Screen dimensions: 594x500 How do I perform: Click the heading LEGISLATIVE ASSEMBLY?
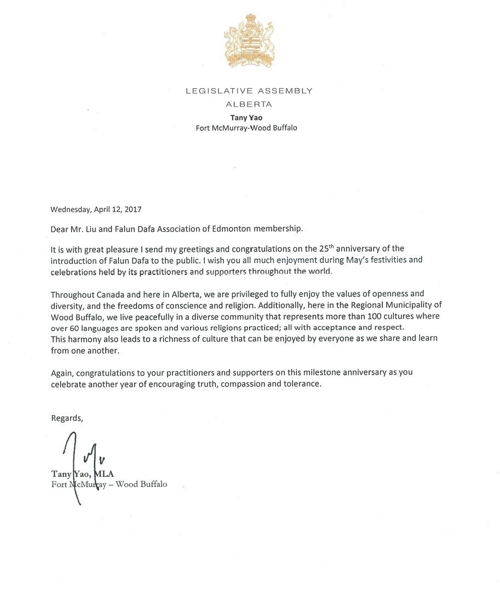249,91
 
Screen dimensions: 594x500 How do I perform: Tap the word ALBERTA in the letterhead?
249,104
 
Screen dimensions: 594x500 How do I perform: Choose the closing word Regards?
66,418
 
